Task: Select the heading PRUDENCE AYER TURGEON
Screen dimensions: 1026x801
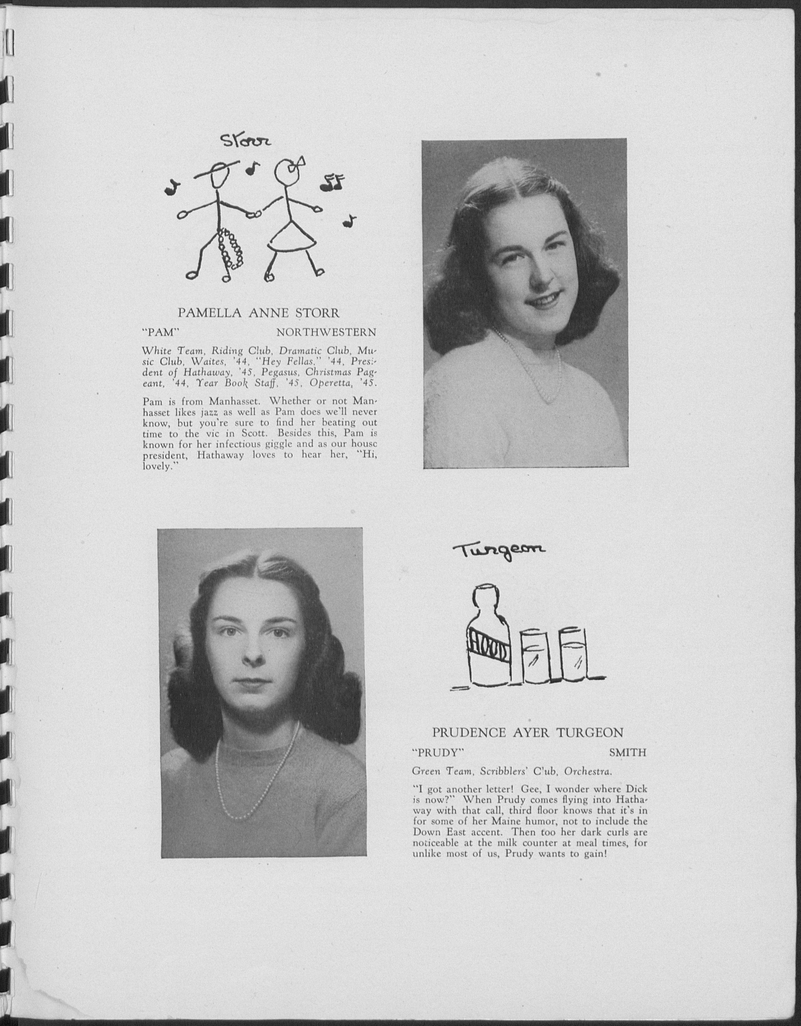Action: tap(528, 733)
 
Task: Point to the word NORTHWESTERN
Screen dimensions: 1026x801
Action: tap(326, 333)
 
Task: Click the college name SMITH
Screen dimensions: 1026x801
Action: tap(627, 753)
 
